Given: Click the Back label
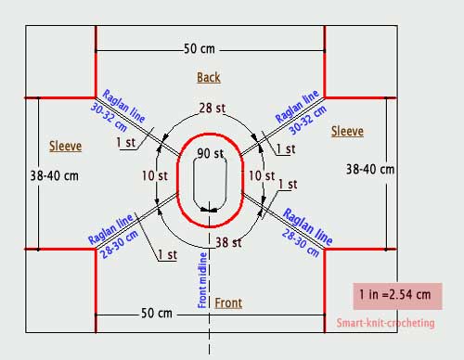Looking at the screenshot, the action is [209, 77].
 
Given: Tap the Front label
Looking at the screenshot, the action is [228, 303].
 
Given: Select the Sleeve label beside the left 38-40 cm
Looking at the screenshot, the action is [66, 146].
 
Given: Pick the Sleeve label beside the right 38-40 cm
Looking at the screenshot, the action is [347, 131].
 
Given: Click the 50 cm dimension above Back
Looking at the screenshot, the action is [200, 49].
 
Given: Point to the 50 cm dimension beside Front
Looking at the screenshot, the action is [157, 313].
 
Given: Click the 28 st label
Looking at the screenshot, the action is [213, 108].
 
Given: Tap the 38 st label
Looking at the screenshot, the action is [228, 242].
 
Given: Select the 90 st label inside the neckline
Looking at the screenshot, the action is [211, 153].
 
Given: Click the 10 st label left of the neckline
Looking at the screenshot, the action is [155, 176].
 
